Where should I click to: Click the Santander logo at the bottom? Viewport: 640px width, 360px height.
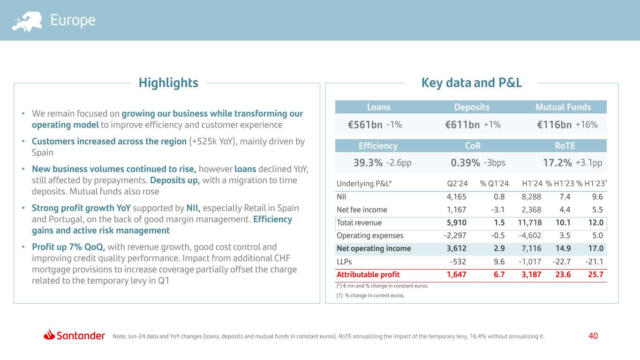(x=75, y=336)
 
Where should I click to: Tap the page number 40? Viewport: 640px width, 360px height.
(x=593, y=336)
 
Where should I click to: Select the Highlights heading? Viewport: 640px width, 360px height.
(x=168, y=83)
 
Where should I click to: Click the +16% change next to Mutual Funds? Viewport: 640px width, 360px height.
(x=587, y=125)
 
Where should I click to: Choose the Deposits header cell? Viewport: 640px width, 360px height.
(x=472, y=107)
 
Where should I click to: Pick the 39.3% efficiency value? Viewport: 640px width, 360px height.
(x=368, y=163)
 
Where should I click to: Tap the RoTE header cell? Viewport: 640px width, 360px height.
(x=565, y=146)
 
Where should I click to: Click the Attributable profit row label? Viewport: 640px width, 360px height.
(x=368, y=275)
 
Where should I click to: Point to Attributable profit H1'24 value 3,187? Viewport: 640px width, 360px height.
(x=531, y=275)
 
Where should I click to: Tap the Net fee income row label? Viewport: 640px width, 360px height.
(x=362, y=210)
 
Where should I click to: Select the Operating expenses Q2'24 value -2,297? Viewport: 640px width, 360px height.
(x=455, y=236)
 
